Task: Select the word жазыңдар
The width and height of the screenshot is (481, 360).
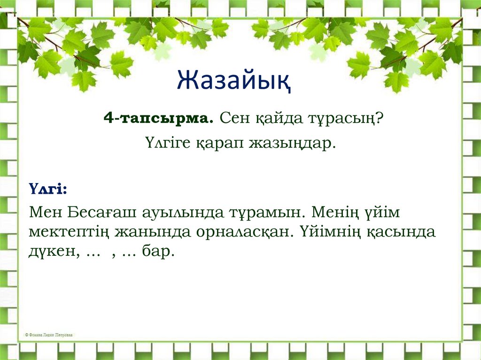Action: (295, 143)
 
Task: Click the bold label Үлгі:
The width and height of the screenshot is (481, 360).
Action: (47, 188)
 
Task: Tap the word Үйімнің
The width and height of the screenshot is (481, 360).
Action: (327, 232)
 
